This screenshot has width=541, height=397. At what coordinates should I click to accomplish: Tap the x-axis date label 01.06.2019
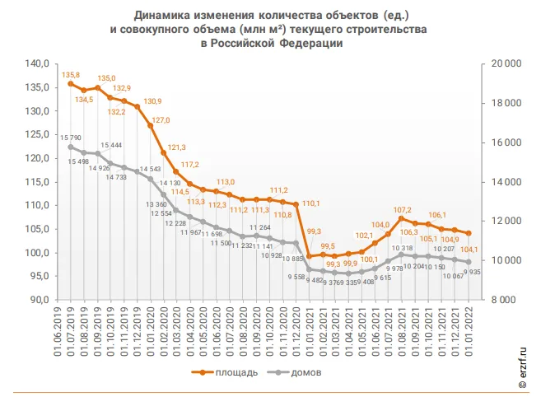[58, 329]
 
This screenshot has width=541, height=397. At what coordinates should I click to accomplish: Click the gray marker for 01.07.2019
[71, 147]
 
